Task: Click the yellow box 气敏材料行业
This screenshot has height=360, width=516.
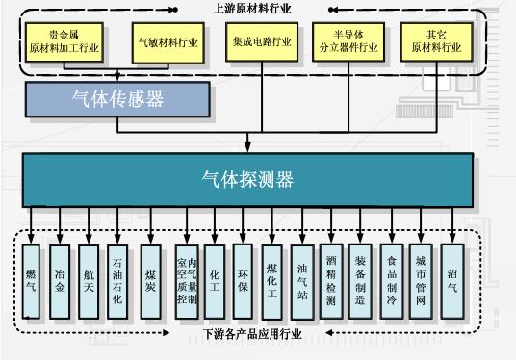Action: click(168, 42)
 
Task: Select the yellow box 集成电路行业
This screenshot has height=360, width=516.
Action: click(262, 41)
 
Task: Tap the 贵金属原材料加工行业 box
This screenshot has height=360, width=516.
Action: click(64, 41)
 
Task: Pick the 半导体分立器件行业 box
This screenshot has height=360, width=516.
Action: click(348, 41)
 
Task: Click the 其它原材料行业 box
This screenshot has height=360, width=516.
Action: click(437, 41)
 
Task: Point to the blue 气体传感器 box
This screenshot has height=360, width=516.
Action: click(117, 99)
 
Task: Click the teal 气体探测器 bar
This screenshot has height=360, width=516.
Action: click(247, 180)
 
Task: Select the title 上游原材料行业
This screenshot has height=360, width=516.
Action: click(252, 9)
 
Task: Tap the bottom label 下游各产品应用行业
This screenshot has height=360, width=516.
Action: click(252, 334)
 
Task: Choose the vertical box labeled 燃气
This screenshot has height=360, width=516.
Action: click(31, 282)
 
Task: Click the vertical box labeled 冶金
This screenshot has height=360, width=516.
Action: click(60, 282)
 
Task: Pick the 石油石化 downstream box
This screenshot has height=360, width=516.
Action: click(117, 282)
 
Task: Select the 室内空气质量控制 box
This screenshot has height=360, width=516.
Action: click(187, 282)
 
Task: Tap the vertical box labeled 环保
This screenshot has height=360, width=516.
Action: click(243, 281)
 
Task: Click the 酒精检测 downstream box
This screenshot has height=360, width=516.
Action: click(331, 281)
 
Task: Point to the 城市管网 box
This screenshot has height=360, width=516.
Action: click(421, 281)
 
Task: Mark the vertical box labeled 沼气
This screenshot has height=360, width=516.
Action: click(452, 281)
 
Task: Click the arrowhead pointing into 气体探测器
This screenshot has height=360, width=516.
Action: click(247, 147)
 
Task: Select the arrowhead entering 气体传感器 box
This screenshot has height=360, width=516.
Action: click(117, 77)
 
